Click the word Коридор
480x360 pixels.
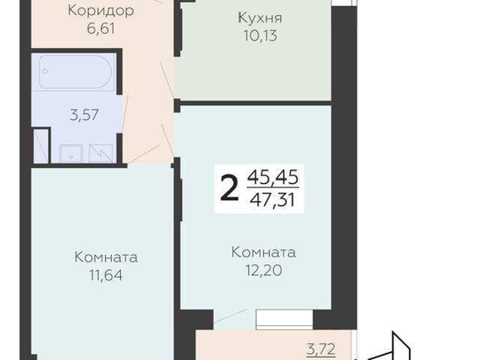[x=100, y=11]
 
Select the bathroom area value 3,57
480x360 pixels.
[x=84, y=115]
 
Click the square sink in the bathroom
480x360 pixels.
[x=70, y=151]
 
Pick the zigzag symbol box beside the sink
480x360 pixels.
[x=100, y=152]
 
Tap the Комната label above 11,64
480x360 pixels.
[x=106, y=257]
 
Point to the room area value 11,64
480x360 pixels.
[x=106, y=275]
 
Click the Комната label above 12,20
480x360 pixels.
[x=263, y=252]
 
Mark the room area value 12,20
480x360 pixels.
[x=263, y=270]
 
